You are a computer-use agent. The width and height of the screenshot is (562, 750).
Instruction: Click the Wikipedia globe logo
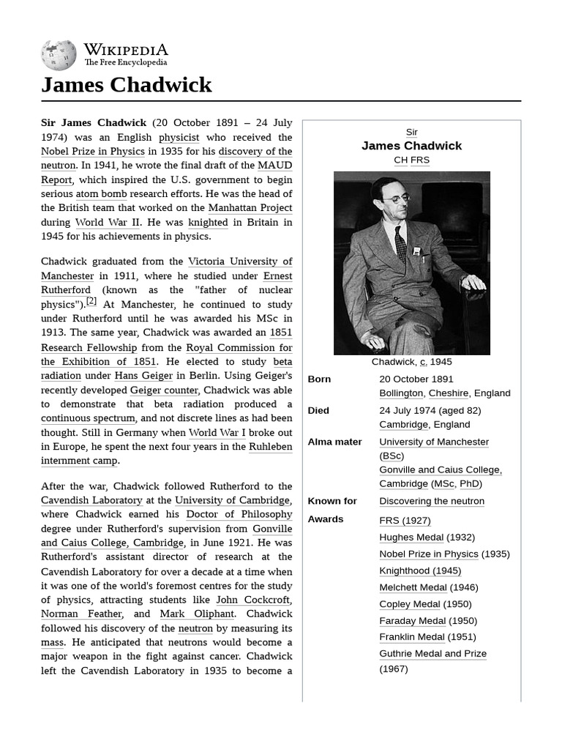click(x=59, y=55)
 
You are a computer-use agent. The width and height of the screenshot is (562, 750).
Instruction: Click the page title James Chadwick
click(x=127, y=85)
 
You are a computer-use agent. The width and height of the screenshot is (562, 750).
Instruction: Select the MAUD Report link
click(x=275, y=166)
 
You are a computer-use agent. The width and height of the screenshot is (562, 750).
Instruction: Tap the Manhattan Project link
click(x=250, y=208)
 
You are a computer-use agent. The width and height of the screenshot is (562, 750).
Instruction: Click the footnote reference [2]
click(x=91, y=301)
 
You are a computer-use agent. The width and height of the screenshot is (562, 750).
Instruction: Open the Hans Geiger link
click(x=143, y=376)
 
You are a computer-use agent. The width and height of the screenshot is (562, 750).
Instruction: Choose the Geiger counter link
click(x=164, y=390)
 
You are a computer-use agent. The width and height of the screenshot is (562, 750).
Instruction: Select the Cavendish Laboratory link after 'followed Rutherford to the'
click(x=91, y=500)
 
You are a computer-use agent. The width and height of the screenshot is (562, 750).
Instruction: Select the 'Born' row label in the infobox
click(x=319, y=379)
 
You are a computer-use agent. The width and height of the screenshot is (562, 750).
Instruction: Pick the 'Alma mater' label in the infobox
click(x=336, y=442)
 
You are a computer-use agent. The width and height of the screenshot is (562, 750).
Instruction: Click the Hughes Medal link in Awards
click(x=411, y=538)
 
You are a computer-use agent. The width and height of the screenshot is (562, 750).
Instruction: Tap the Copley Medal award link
click(x=410, y=604)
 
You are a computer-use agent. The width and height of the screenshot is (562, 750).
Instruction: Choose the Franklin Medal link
click(x=411, y=637)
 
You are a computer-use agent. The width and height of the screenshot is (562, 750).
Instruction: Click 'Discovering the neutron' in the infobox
click(x=432, y=502)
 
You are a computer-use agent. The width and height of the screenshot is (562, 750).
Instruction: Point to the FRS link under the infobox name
click(x=420, y=160)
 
